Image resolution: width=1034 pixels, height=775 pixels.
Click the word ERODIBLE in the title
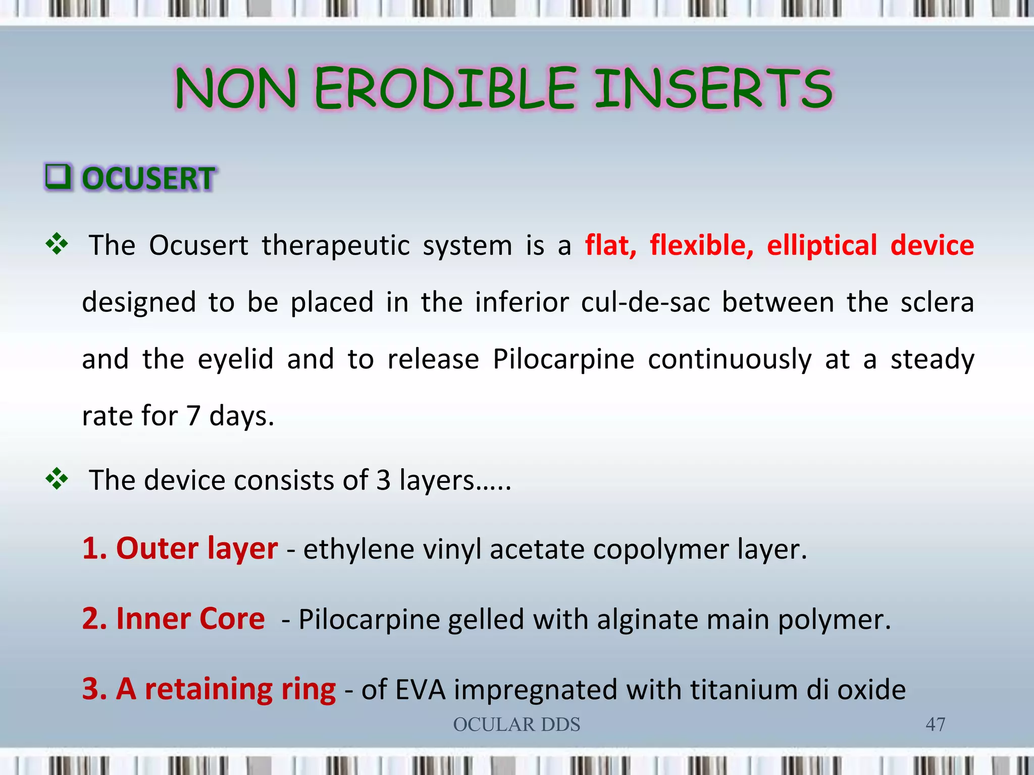445,89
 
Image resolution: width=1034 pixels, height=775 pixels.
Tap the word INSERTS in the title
713,89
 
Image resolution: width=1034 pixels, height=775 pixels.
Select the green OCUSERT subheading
148,179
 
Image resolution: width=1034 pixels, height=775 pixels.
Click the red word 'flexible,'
701,246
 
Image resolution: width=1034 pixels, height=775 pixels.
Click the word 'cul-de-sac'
645,303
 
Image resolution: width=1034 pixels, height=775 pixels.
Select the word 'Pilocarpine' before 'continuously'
563,360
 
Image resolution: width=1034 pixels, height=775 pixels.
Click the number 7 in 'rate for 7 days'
193,416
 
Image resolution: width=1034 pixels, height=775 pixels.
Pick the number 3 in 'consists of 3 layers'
383,480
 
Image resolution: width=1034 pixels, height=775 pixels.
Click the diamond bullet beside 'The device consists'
57,478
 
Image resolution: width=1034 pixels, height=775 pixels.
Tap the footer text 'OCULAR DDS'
516,725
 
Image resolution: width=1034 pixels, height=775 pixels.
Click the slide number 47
935,725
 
